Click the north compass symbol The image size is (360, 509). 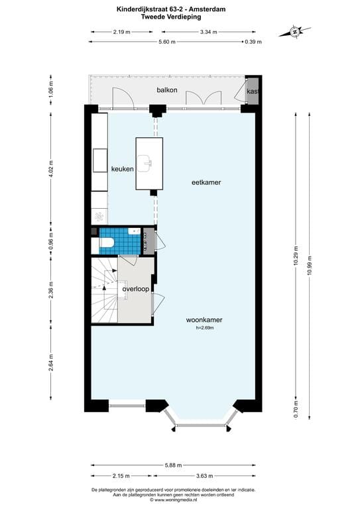tap(295, 32)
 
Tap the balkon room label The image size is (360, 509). tap(167, 90)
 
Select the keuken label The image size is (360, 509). tap(123, 169)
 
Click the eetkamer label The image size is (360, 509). tap(206, 182)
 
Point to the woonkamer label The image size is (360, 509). tap(204, 320)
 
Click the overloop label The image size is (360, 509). tap(136, 289)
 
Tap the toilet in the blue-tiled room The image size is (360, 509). tap(106, 243)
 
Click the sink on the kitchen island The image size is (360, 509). tap(145, 163)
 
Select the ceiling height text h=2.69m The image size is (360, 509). tap(205, 328)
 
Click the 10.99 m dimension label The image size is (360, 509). tap(309, 265)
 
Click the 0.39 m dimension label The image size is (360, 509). tap(253, 42)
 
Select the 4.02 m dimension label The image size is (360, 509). tap(51, 169)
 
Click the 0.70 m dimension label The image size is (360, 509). tap(296, 410)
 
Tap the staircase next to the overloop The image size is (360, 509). tap(105, 290)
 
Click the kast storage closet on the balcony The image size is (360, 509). tap(252, 91)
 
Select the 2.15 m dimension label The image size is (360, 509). tap(121, 476)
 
